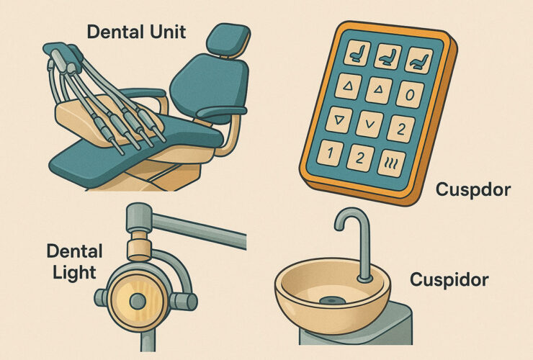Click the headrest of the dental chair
click(228, 40)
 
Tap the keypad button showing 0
click(411, 94)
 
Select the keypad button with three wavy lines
click(392, 163)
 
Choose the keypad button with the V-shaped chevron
click(369, 125)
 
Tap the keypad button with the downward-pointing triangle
click(339, 120)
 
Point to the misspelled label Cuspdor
click(472, 189)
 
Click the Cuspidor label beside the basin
click(449, 280)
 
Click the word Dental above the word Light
click(74, 251)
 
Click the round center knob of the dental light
click(138, 301)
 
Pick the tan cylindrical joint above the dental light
click(139, 246)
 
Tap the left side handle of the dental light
click(101, 298)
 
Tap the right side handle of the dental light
click(183, 301)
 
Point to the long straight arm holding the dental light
click(199, 230)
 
